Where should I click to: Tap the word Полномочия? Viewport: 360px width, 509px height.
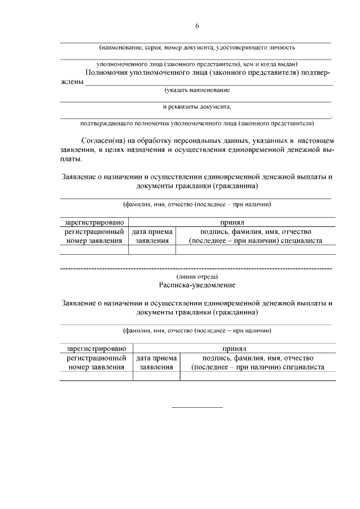click(x=112, y=72)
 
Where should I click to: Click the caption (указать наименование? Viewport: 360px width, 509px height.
click(x=197, y=90)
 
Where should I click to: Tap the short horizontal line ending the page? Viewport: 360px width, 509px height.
click(x=197, y=407)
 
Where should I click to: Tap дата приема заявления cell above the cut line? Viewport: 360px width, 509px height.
click(x=152, y=236)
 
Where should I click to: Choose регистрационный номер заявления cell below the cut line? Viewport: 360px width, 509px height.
click(x=96, y=362)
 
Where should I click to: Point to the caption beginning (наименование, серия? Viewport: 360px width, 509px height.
click(x=197, y=48)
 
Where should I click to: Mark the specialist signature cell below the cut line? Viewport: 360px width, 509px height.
click(x=258, y=362)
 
